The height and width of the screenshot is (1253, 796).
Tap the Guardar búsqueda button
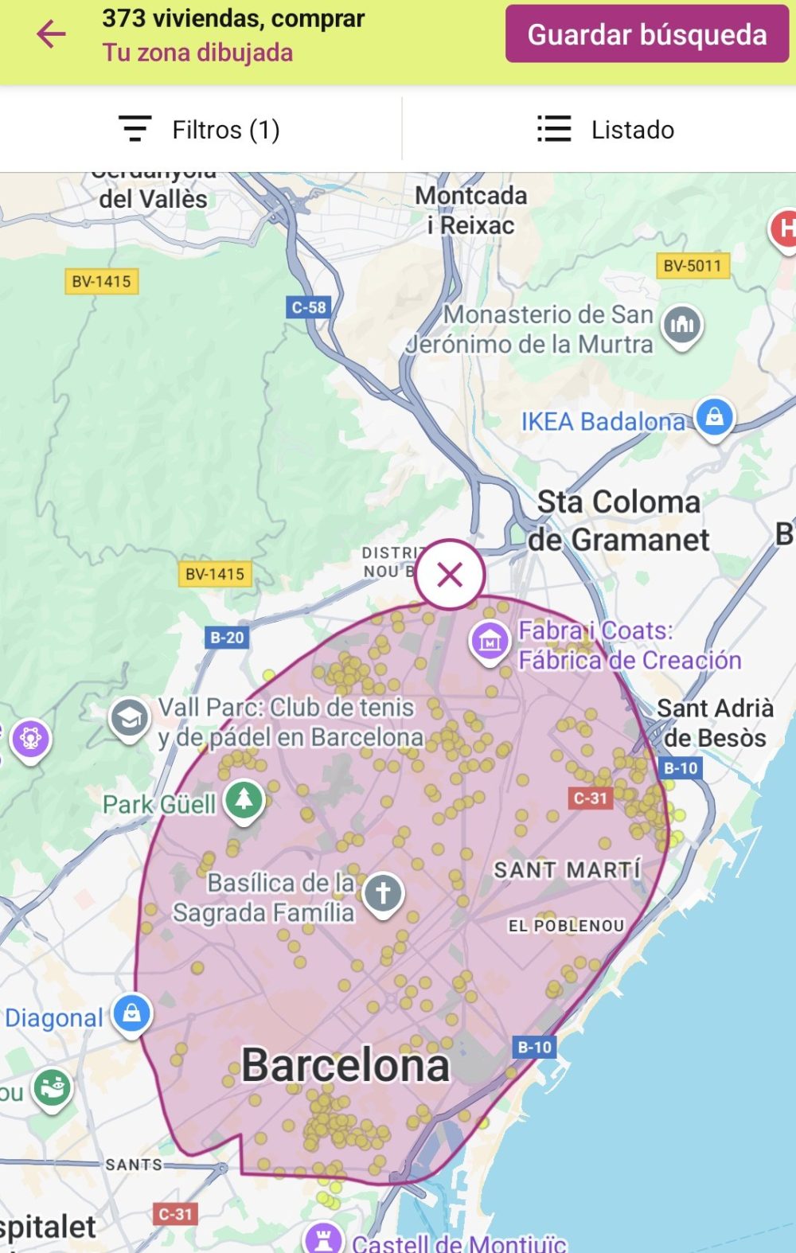[x=646, y=34]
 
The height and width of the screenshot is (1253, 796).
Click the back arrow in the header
[x=51, y=34]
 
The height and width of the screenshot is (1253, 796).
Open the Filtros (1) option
[x=200, y=130]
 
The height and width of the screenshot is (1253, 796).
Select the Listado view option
[x=606, y=130]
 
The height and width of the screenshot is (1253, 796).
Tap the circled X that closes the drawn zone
[x=450, y=574]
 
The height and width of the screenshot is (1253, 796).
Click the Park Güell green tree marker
[x=244, y=798]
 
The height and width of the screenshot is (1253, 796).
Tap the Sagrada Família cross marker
[x=383, y=892]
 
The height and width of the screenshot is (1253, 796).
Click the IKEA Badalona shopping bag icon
[x=714, y=416]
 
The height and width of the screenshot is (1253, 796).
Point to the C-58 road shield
[x=308, y=307]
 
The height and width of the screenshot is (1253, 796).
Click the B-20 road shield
[x=227, y=638]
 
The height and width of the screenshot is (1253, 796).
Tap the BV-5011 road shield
[x=692, y=266]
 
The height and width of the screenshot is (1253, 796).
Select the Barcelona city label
[x=345, y=1065]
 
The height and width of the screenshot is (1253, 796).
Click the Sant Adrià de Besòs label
[x=715, y=723]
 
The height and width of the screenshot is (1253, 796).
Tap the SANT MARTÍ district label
[x=567, y=870]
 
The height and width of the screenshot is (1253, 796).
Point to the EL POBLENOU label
[x=566, y=926]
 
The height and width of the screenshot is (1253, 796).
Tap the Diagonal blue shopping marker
[x=132, y=1014]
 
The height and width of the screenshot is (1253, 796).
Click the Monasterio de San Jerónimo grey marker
[x=682, y=325]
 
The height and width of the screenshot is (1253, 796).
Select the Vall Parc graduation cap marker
[x=129, y=718]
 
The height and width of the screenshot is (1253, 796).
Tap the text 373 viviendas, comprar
[x=233, y=18]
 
